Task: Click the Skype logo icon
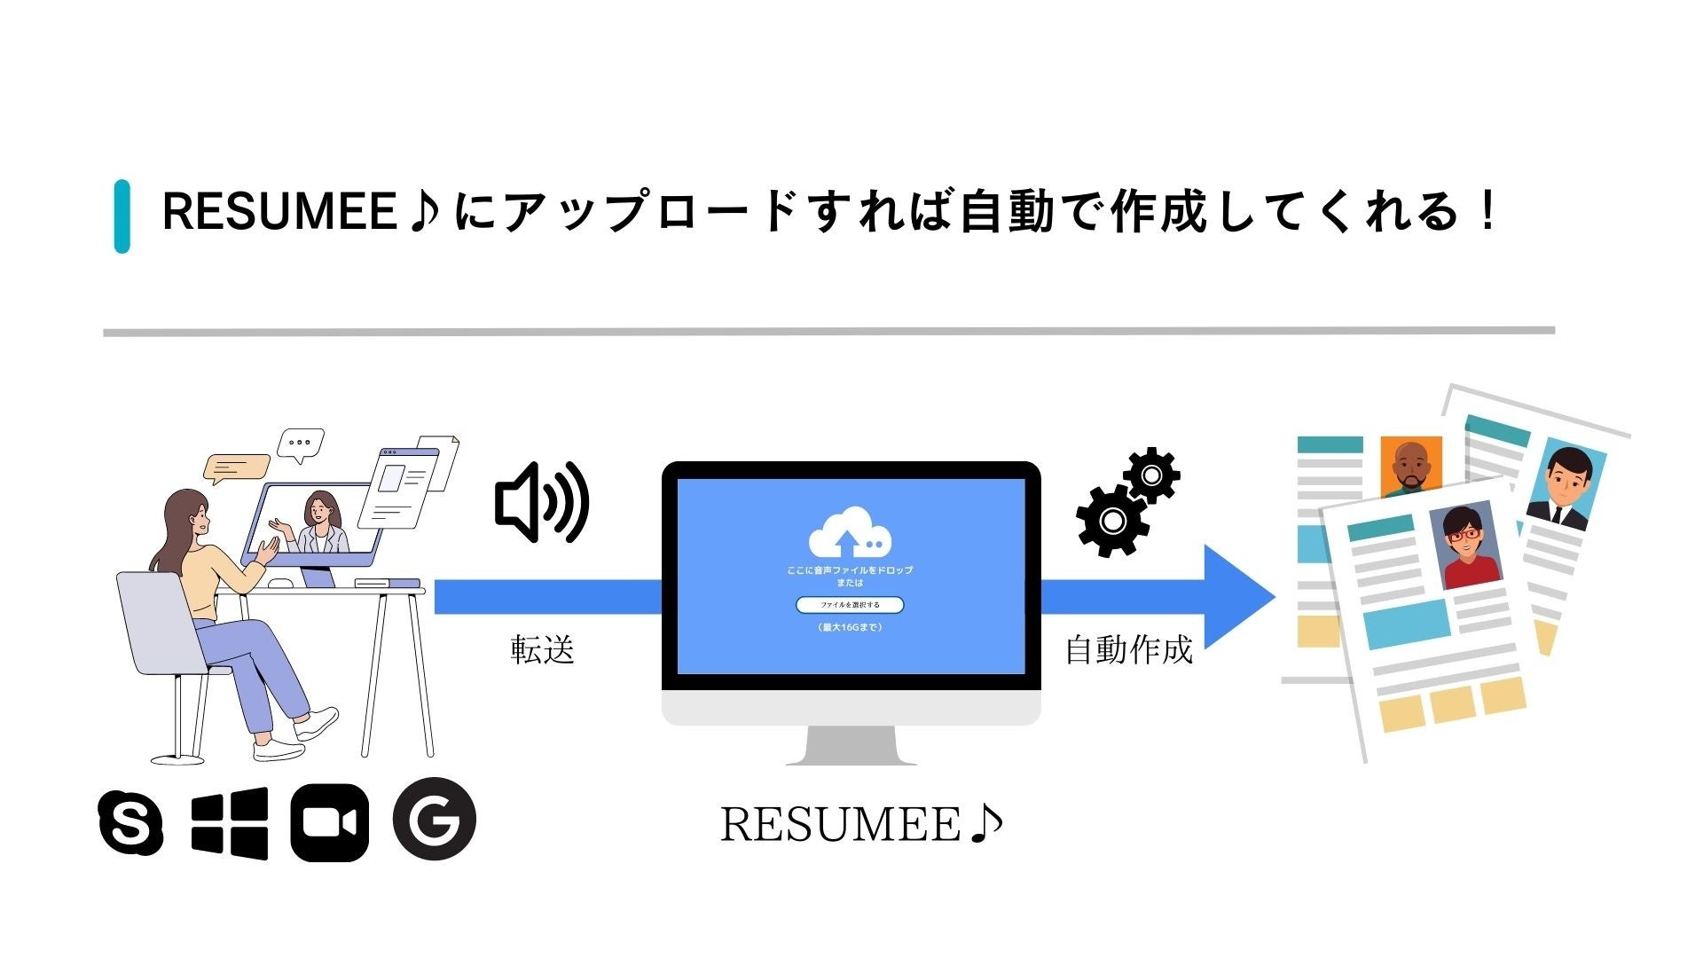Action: click(130, 822)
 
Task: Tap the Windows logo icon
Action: click(230, 823)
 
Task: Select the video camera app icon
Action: click(329, 823)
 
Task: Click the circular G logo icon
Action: click(434, 820)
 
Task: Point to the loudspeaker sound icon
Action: click(541, 502)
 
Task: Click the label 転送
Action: click(543, 650)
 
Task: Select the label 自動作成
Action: click(1128, 650)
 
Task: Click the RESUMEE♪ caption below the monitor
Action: click(861, 824)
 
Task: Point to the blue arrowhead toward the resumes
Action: click(1238, 597)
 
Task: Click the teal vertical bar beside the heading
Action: click(122, 216)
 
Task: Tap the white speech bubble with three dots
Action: click(301, 444)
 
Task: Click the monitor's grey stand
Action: click(851, 746)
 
